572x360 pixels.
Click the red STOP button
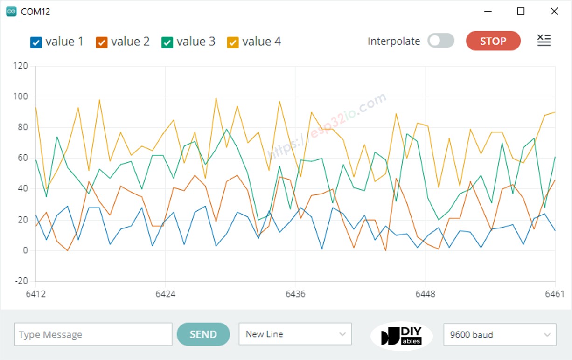pyautogui.click(x=493, y=41)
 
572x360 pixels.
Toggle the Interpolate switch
pyautogui.click(x=441, y=41)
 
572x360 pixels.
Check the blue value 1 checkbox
pyautogui.click(x=36, y=42)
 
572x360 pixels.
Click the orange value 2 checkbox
pyautogui.click(x=102, y=42)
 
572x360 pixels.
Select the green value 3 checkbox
pyautogui.click(x=167, y=42)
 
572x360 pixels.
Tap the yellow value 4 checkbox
pyautogui.click(x=233, y=42)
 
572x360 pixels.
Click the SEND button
pyautogui.click(x=203, y=334)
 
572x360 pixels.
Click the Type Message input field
pyautogui.click(x=93, y=335)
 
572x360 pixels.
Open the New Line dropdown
pyautogui.click(x=295, y=334)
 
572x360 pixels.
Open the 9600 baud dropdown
pyautogui.click(x=500, y=335)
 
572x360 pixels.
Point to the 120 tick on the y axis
pyautogui.click(x=21, y=66)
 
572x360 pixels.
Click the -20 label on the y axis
pyautogui.click(x=21, y=281)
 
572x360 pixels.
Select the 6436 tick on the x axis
pyautogui.click(x=295, y=294)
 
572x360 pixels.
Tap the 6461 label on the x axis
pyautogui.click(x=555, y=294)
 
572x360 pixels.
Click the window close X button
pyautogui.click(x=554, y=12)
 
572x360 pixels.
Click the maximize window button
pyautogui.click(x=521, y=12)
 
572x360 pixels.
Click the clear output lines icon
pyautogui.click(x=544, y=41)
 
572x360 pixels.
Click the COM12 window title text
pyautogui.click(x=35, y=12)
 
